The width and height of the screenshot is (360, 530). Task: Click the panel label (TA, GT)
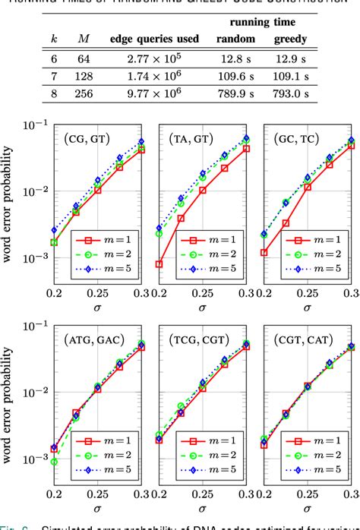(191, 140)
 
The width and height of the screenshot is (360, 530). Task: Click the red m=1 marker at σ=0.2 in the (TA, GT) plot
(159, 264)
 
